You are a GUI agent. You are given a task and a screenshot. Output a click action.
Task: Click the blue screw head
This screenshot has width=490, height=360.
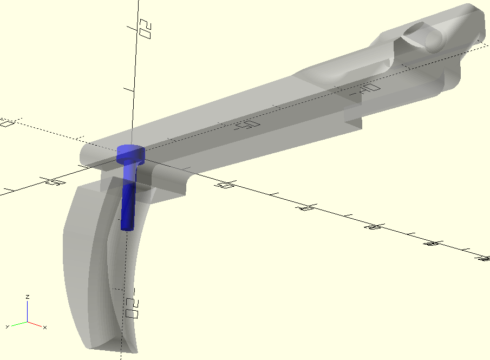click(x=131, y=152)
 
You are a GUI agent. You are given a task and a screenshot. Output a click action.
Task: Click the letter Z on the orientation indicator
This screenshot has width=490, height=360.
click(x=28, y=297)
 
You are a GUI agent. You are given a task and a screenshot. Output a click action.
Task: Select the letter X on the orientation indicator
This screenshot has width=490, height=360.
click(x=45, y=328)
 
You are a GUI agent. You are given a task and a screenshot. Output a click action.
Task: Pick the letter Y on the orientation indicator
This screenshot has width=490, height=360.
click(x=8, y=327)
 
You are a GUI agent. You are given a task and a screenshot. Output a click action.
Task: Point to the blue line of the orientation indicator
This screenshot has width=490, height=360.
click(x=28, y=311)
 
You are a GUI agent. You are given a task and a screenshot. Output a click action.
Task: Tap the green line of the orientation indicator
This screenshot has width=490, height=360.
click(x=19, y=324)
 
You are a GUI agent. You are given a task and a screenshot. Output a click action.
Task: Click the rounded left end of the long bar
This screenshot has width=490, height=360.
click(x=87, y=155)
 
